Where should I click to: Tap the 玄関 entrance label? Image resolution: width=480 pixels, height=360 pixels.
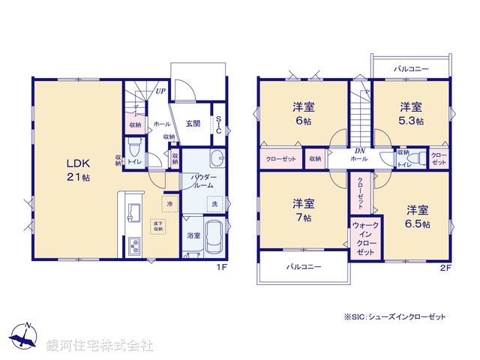point(193,124)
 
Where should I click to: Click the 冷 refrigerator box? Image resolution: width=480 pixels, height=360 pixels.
point(169,203)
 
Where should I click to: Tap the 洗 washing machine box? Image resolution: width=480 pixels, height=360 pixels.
point(214,204)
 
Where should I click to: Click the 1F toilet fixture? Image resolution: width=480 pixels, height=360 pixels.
point(135,145)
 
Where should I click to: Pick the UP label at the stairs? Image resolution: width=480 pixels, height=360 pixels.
point(160,91)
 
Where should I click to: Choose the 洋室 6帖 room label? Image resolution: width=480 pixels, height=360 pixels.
point(304,113)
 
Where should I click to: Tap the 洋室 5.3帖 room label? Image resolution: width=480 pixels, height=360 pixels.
point(410,113)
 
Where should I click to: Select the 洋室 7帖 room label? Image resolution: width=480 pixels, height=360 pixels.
point(304,209)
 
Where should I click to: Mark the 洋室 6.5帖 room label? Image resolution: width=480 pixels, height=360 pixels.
point(418,216)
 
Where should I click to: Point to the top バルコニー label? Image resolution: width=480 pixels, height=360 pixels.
point(410,69)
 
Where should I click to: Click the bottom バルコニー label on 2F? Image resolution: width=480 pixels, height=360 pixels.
point(304,266)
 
